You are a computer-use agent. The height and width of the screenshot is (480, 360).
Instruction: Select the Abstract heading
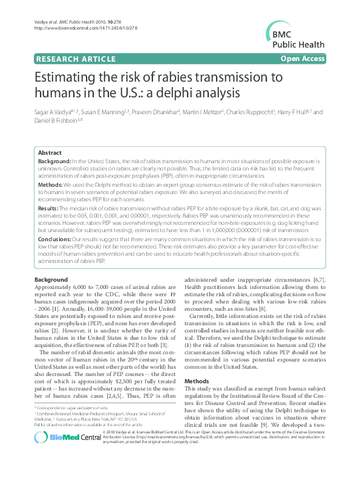tap(50, 154)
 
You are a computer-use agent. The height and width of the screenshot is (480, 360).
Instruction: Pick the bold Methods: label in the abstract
tap(51, 184)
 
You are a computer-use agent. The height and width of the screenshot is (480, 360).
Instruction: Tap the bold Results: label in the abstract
tap(50, 207)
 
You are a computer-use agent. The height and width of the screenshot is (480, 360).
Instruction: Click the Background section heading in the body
tap(51, 280)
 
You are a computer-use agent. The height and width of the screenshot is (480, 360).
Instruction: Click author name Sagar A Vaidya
tap(55, 112)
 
